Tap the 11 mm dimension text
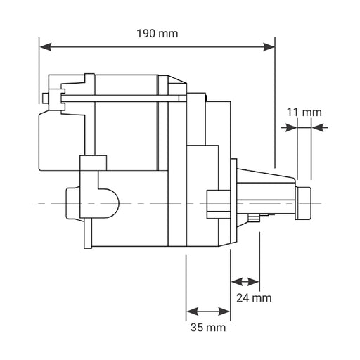304,112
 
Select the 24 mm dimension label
253,297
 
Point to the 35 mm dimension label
208,328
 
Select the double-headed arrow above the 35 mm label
208,310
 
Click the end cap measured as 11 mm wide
304,200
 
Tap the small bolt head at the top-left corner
46,98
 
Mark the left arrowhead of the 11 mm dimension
286,127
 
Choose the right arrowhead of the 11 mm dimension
321,127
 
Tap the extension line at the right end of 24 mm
260,260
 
